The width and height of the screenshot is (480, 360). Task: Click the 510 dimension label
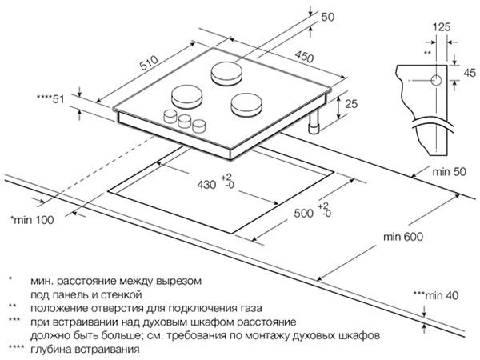149,62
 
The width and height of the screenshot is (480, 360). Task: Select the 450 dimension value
304,57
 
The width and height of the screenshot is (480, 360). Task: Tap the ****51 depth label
50,99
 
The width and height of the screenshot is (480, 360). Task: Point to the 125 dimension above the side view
442,27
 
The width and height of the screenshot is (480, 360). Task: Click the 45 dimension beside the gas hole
470,73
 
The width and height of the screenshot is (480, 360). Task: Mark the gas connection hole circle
436,81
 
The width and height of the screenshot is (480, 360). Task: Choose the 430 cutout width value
206,185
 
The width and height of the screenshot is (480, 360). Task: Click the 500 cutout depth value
303,213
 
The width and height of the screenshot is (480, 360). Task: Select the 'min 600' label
403,237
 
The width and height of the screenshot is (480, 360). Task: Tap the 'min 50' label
449,172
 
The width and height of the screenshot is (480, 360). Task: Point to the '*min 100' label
32,220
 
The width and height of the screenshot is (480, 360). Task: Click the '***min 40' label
436,295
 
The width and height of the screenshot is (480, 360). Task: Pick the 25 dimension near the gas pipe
351,104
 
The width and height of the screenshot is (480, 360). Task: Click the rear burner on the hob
226,74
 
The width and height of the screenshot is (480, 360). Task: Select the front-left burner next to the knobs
186,96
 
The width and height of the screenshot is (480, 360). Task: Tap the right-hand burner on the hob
246,105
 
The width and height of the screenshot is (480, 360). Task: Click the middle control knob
185,122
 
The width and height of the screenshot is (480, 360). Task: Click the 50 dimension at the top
327,17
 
